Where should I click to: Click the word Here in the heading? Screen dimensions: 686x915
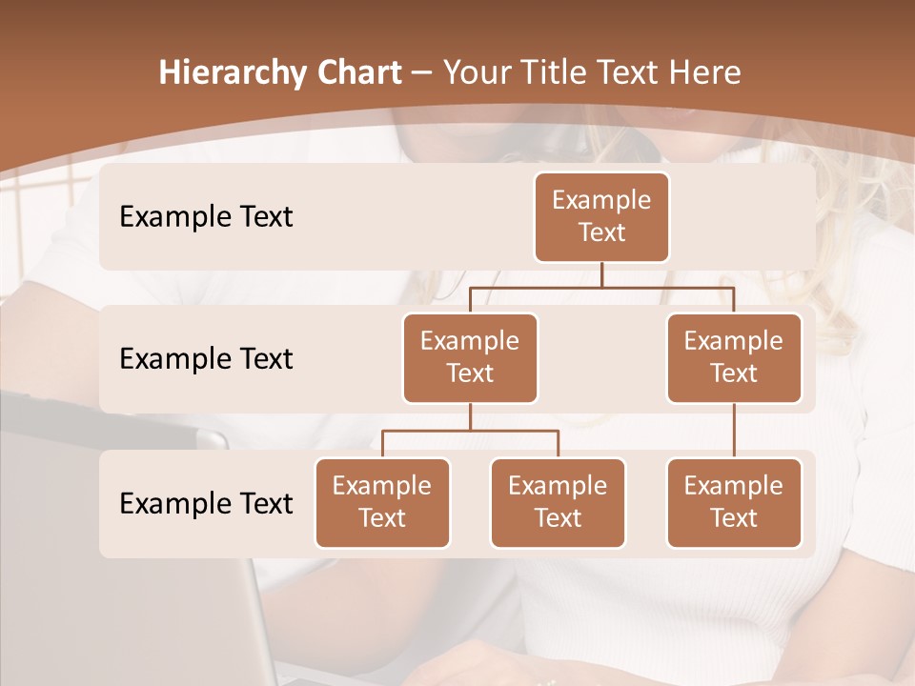(x=703, y=72)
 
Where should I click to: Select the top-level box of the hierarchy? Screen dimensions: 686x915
(x=601, y=216)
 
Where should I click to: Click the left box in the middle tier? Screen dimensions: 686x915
(x=470, y=357)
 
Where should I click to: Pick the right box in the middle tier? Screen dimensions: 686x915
(x=734, y=357)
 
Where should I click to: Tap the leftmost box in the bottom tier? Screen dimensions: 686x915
(x=382, y=502)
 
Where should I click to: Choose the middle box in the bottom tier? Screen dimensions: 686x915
(x=558, y=502)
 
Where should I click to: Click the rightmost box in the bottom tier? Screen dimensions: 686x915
(x=734, y=502)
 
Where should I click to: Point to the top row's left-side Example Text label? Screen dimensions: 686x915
(x=206, y=217)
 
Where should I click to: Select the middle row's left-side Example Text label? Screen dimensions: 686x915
(x=206, y=359)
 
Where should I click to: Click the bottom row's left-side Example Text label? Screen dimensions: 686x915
(x=206, y=503)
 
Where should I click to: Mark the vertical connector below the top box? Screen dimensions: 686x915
(x=601, y=274)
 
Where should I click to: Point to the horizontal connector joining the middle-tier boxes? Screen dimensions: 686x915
(x=601, y=287)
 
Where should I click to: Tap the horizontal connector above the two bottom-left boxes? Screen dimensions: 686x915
(x=470, y=431)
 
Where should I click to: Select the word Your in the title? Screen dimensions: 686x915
(x=476, y=72)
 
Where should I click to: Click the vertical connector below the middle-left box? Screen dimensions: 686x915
(x=470, y=416)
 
